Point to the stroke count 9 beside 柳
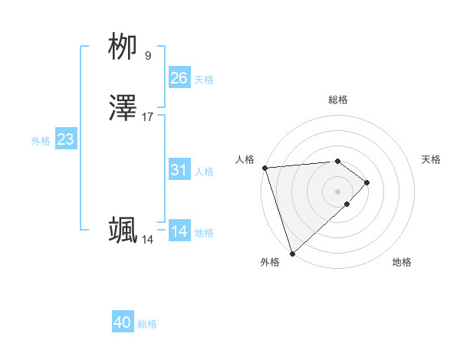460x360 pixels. tap(148, 56)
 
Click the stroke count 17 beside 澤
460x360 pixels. tap(148, 117)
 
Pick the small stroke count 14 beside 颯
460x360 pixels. tap(148, 240)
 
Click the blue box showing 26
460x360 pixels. tap(179, 78)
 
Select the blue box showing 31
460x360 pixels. tap(179, 170)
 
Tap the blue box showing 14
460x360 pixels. tap(179, 231)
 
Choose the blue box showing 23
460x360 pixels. tap(66, 139)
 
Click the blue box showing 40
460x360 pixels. tap(123, 322)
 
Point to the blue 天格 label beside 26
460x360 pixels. tap(204, 80)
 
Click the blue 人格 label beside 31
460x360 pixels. tap(204, 172)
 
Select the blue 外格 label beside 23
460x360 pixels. tap(41, 141)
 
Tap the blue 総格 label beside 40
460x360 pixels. tap(147, 324)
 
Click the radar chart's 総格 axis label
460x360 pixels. tap(338, 100)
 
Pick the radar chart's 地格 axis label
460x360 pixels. tap(402, 263)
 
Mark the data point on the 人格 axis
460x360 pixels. tap(264, 168)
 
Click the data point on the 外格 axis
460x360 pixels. tap(292, 253)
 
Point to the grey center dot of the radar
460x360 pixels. tap(338, 191)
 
